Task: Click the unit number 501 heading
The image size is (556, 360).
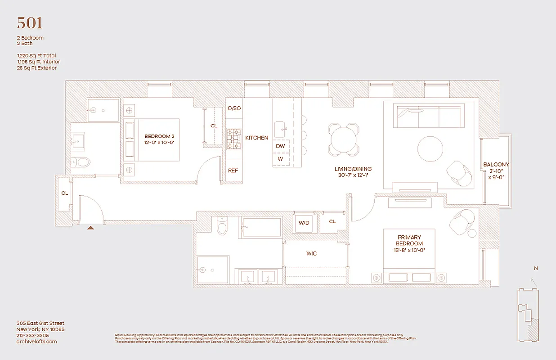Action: coord(30,22)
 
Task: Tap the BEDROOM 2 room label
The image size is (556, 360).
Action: coord(159,139)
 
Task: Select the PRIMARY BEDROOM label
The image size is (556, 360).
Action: coord(409,240)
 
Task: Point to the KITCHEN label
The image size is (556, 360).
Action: coord(256,138)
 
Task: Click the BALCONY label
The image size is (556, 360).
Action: coord(496,171)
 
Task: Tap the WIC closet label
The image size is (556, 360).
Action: coord(311,253)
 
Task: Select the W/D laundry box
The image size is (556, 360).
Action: coord(305,222)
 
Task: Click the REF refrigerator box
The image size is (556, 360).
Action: coord(233,171)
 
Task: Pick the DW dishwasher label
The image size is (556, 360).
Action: coord(280,146)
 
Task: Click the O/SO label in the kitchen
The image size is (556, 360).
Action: coord(234,108)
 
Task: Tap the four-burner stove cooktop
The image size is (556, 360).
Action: coord(233,139)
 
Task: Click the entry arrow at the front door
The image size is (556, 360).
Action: coord(91,228)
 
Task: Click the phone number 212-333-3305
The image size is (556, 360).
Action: coord(33,335)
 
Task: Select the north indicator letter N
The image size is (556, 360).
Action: coord(535,269)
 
